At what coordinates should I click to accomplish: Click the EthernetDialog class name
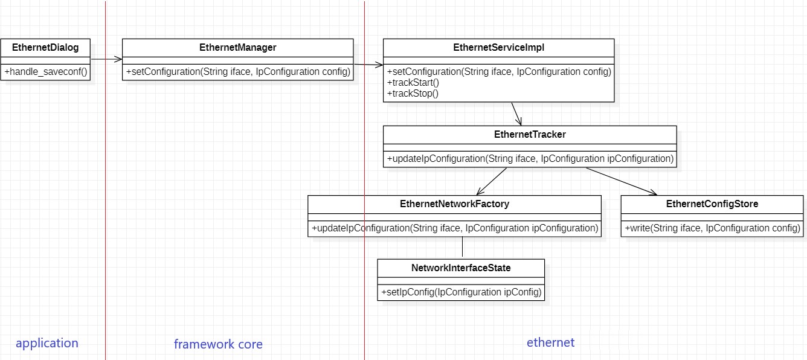tap(45, 48)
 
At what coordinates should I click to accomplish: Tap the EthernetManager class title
tap(237, 48)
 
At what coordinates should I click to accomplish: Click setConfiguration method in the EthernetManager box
tap(237, 72)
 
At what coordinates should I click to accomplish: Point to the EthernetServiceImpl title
tap(498, 48)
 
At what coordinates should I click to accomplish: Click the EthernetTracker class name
tap(530, 135)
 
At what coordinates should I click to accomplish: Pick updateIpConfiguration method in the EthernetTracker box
tap(530, 159)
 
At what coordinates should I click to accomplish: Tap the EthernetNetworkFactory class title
tap(454, 204)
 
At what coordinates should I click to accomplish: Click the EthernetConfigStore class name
tap(712, 204)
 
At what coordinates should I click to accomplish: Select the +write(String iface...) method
tap(712, 228)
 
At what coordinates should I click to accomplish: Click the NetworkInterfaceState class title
tap(461, 268)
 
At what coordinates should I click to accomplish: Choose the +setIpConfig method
tap(461, 292)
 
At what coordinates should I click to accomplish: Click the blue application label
tap(47, 343)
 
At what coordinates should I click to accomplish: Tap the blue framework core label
tap(218, 344)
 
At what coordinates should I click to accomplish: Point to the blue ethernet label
tap(550, 342)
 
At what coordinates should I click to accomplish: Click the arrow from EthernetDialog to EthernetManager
tap(106, 59)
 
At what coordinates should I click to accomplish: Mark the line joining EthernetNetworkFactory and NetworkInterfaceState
tap(462, 248)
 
